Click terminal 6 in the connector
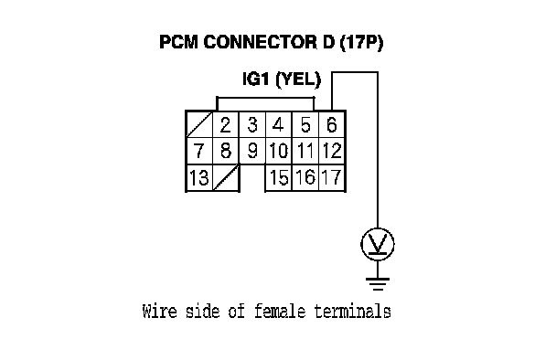[332, 125]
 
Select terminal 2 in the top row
[226, 125]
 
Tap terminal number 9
[252, 151]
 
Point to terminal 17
[332, 177]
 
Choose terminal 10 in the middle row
[278, 151]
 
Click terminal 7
[199, 151]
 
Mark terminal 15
[278, 177]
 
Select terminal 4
[278, 125]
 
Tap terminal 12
[332, 151]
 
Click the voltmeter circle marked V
[378, 245]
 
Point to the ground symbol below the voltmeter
[378, 284]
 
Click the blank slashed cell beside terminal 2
[199, 125]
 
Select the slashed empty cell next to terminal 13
[226, 177]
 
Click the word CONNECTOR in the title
[261, 42]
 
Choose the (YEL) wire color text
[298, 79]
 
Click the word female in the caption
[280, 312]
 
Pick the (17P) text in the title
[361, 43]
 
